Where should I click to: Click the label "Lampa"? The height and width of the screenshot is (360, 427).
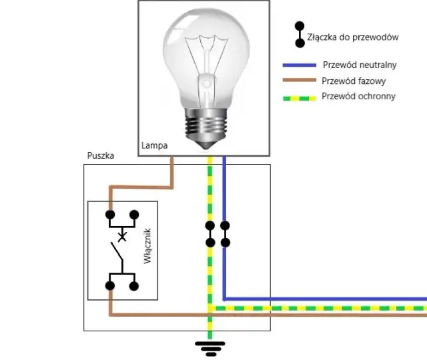pyautogui.click(x=154, y=145)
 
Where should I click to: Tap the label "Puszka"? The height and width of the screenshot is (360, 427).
pyautogui.click(x=101, y=155)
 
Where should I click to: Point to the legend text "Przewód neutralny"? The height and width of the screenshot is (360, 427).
pyautogui.click(x=359, y=65)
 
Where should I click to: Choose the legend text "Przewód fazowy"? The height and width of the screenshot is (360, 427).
pyautogui.click(x=353, y=81)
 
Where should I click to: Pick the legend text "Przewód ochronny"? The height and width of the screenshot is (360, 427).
pyautogui.click(x=358, y=96)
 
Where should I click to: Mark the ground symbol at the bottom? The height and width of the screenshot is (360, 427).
pyautogui.click(x=210, y=347)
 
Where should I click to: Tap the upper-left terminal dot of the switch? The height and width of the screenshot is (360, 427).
pyautogui.click(x=110, y=215)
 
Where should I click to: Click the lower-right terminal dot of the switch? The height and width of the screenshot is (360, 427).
pyautogui.click(x=134, y=286)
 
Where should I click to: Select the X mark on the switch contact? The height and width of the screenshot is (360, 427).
pyautogui.click(x=122, y=236)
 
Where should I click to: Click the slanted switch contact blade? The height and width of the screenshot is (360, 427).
pyautogui.click(x=117, y=253)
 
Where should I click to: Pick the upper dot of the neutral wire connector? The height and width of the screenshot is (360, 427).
pyautogui.click(x=225, y=226)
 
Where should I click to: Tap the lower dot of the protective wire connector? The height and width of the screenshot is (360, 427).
pyautogui.click(x=210, y=243)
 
